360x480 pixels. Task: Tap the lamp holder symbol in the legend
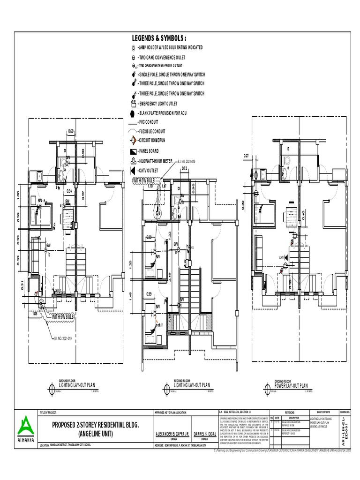pyautogui.click(x=133, y=48)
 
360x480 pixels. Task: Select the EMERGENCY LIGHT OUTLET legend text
pyautogui.click(x=157, y=104)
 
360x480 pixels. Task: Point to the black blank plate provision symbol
pyautogui.click(x=133, y=113)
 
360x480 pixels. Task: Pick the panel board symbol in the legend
pyautogui.click(x=133, y=151)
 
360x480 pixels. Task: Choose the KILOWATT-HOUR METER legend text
pyautogui.click(x=156, y=160)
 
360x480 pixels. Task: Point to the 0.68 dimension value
pyautogui.click(x=71, y=131)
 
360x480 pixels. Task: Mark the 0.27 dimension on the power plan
pyautogui.click(x=246, y=156)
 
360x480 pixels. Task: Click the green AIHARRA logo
pyautogui.click(x=25, y=426)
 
